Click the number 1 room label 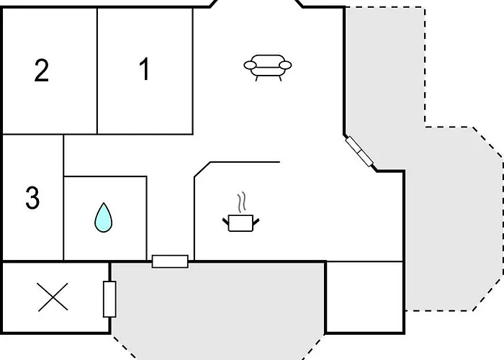point(145,68)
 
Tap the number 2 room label point(42,71)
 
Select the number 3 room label point(32,198)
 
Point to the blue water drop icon point(104,217)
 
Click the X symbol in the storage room point(53,297)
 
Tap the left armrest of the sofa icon point(250,66)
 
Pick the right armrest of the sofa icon point(285,66)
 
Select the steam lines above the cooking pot point(242,202)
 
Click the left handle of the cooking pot point(225,222)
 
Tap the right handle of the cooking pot point(256,222)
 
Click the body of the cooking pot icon point(240,223)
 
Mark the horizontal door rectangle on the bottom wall point(170,261)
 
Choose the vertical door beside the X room point(109,299)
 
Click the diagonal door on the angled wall point(359,151)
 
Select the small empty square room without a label point(365,297)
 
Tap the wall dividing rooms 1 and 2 point(97,71)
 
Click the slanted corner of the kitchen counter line point(202,169)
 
